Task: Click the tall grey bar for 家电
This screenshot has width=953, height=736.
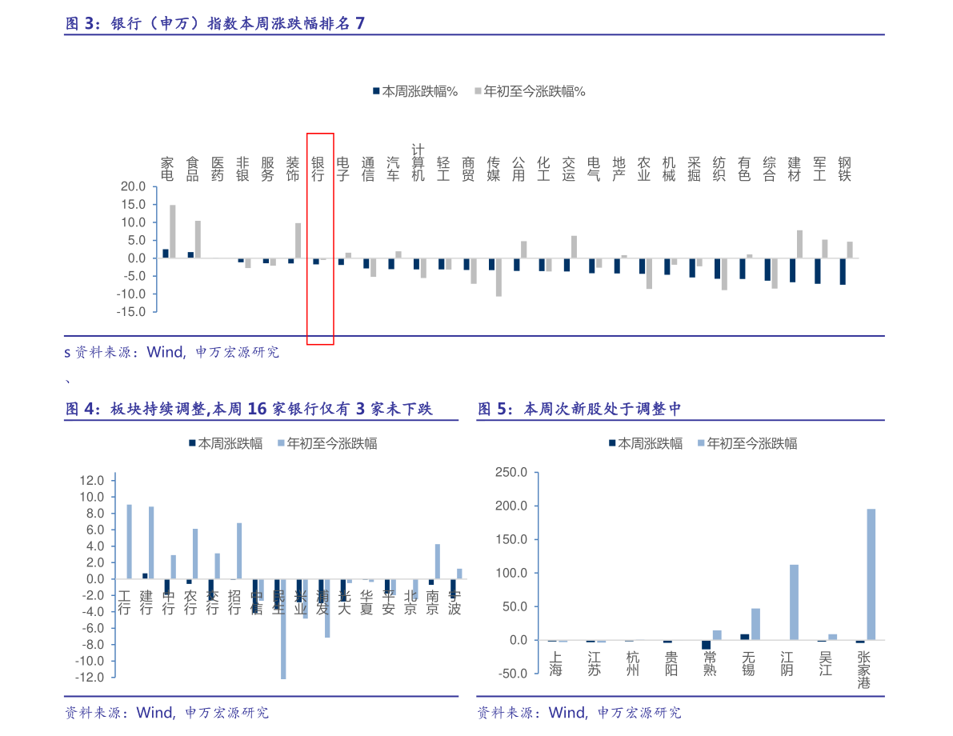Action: [173, 231]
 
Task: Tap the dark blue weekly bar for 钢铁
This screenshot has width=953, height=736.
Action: [843, 271]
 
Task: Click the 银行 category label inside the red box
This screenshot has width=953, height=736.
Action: [318, 169]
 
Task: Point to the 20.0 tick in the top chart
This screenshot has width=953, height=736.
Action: [132, 186]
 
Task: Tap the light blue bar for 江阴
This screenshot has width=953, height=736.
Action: [794, 602]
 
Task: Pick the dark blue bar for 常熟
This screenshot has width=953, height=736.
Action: [706, 645]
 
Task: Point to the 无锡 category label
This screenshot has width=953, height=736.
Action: [748, 663]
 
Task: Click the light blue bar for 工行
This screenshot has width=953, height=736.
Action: [129, 542]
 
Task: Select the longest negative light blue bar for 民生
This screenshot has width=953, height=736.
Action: [283, 629]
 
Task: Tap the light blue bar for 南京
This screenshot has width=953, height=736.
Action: [438, 562]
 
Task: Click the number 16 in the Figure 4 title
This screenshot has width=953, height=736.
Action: [257, 409]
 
